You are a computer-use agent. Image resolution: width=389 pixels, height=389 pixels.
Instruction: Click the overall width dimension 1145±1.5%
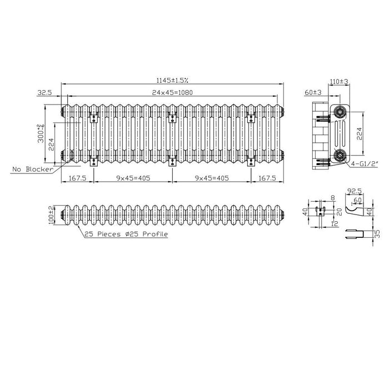click(172, 80)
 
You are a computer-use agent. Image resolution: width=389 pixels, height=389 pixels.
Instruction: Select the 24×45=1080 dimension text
click(172, 93)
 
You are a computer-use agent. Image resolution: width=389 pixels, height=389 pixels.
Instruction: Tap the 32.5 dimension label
click(44, 93)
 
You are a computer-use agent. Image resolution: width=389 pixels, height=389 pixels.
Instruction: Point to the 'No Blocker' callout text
click(33, 169)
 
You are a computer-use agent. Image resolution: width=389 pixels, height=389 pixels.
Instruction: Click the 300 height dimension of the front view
click(41, 133)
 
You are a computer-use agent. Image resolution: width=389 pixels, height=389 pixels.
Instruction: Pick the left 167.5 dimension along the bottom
click(77, 178)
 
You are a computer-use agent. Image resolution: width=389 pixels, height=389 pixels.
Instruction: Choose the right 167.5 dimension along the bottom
click(267, 178)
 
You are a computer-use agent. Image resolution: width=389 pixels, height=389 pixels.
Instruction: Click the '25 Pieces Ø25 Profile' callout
click(126, 234)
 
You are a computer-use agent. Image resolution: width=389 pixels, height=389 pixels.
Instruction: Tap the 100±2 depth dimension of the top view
click(51, 215)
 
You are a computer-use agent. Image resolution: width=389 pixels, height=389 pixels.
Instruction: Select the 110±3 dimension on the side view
click(339, 81)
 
